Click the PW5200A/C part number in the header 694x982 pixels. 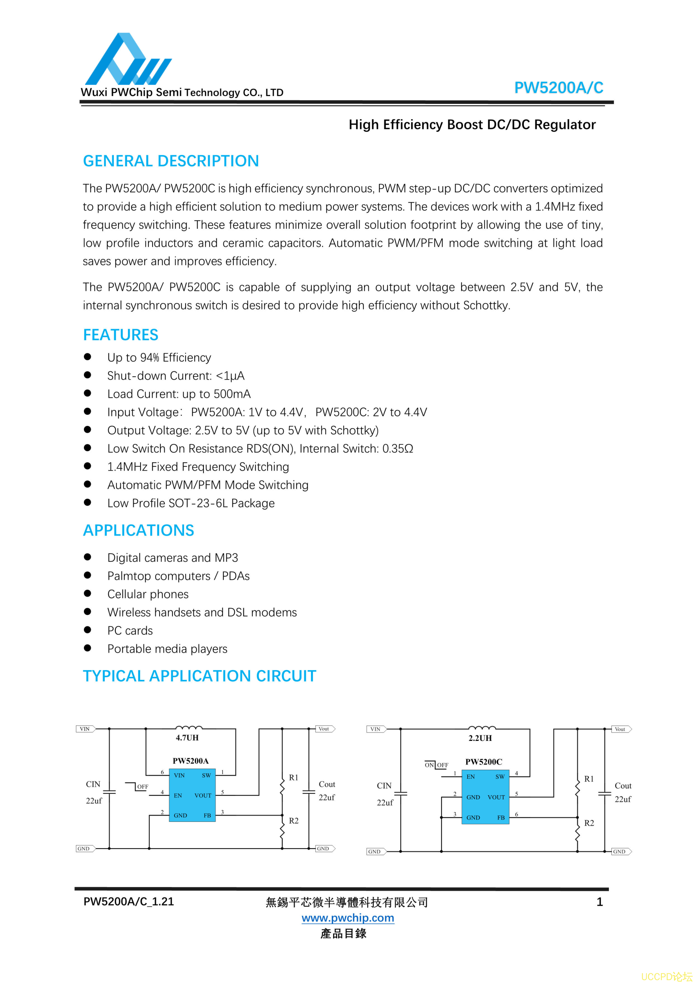[x=558, y=88]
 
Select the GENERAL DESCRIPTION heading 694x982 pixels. [x=171, y=161]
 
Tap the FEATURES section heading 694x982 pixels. [x=121, y=334]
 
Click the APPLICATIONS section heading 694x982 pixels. [x=138, y=530]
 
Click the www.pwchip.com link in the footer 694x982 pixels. [x=347, y=918]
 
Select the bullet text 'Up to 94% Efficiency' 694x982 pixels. [x=159, y=358]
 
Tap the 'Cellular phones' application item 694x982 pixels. [x=148, y=594]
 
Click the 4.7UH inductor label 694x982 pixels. [x=187, y=738]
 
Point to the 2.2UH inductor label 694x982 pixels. [x=480, y=738]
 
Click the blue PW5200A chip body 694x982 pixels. [x=192, y=795]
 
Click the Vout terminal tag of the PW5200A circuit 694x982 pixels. [x=325, y=729]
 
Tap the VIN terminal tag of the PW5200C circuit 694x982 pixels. [x=375, y=729]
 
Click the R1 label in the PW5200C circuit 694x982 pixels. [x=589, y=779]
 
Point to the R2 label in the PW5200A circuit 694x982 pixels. [x=293, y=821]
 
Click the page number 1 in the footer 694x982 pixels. [x=600, y=902]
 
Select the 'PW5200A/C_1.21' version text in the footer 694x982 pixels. [x=129, y=902]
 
